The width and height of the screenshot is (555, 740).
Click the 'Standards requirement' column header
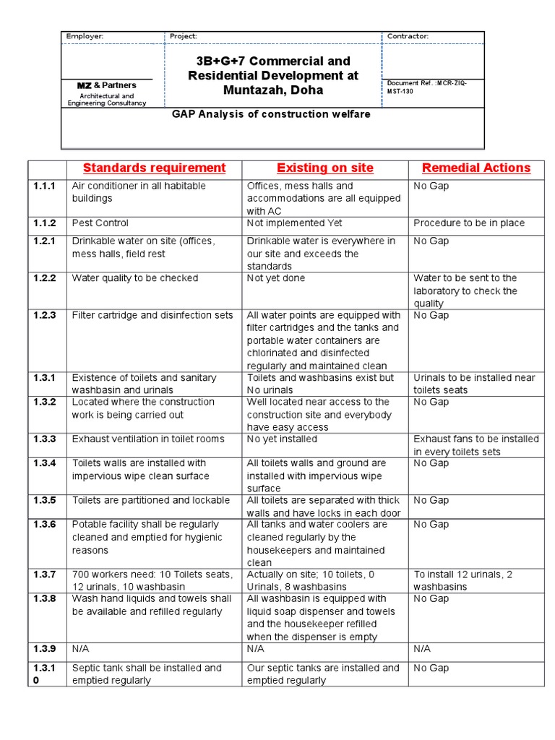coord(154,168)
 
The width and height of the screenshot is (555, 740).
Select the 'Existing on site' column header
coord(324,168)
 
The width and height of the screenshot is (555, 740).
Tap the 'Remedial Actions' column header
coord(476,168)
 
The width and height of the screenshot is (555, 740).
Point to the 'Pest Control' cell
coord(100,223)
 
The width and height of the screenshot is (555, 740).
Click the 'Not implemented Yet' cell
coord(294,223)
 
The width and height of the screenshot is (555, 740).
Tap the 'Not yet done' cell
coord(276,278)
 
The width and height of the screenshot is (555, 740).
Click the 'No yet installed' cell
coord(282,439)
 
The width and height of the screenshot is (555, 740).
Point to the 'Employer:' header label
coord(85,36)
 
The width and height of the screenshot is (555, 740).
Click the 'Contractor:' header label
coord(408,36)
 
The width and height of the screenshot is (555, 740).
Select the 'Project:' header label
coord(183,36)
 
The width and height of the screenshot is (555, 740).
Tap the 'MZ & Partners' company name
coord(106,85)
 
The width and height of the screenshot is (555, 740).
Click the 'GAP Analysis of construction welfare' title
coord(272,114)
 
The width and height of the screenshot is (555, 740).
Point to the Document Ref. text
coord(426,87)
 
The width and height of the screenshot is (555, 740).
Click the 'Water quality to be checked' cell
coord(134,278)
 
